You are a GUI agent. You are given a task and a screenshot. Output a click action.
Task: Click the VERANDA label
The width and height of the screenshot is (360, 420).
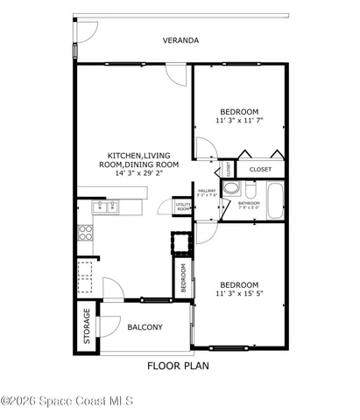(x=181, y=40)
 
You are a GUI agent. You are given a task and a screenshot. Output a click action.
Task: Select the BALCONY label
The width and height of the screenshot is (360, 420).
(x=145, y=327)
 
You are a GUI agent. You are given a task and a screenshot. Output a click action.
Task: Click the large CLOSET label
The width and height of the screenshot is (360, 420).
(x=260, y=169)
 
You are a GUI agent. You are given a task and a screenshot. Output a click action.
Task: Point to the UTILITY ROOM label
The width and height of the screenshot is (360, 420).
(x=183, y=207)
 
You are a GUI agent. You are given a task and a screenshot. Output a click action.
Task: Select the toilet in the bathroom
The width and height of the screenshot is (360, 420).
(x=250, y=189)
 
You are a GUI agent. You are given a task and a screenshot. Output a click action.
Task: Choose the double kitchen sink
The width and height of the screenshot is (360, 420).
(x=107, y=207)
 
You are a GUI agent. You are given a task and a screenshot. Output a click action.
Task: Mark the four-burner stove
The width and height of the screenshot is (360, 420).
(x=86, y=232)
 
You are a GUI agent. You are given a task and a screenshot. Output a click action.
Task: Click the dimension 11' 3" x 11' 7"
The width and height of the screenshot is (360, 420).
(x=239, y=120)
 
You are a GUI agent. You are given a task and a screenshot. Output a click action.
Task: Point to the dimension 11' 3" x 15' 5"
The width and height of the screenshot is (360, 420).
(x=239, y=295)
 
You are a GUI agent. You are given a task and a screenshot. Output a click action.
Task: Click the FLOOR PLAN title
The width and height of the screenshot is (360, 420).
(x=179, y=366)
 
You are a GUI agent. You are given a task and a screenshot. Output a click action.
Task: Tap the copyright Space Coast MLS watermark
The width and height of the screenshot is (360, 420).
(x=67, y=402)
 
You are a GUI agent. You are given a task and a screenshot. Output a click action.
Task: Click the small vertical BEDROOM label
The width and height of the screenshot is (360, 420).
(x=184, y=276)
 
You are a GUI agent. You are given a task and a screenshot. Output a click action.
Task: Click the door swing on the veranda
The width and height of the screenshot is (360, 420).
(x=86, y=31)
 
